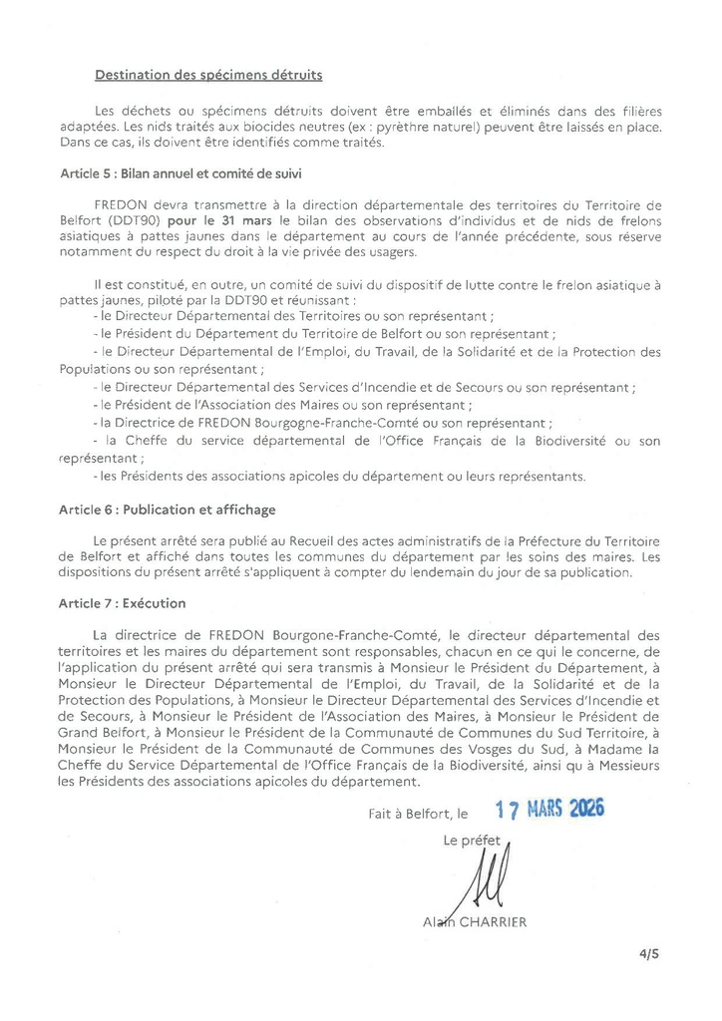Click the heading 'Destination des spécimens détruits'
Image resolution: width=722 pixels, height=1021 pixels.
[x=208, y=75]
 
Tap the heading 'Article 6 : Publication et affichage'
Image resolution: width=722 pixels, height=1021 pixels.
[x=168, y=510]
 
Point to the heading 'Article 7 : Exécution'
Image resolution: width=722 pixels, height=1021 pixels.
[x=123, y=603]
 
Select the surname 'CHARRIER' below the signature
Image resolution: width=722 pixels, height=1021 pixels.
[x=492, y=922]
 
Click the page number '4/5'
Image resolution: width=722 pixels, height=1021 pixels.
[x=649, y=953]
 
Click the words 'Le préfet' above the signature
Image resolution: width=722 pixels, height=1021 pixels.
[x=470, y=841]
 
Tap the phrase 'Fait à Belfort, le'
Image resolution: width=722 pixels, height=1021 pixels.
[x=416, y=814]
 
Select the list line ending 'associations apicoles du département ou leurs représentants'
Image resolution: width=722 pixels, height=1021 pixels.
[x=338, y=476]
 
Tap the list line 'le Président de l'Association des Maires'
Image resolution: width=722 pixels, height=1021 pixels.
[x=282, y=405]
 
